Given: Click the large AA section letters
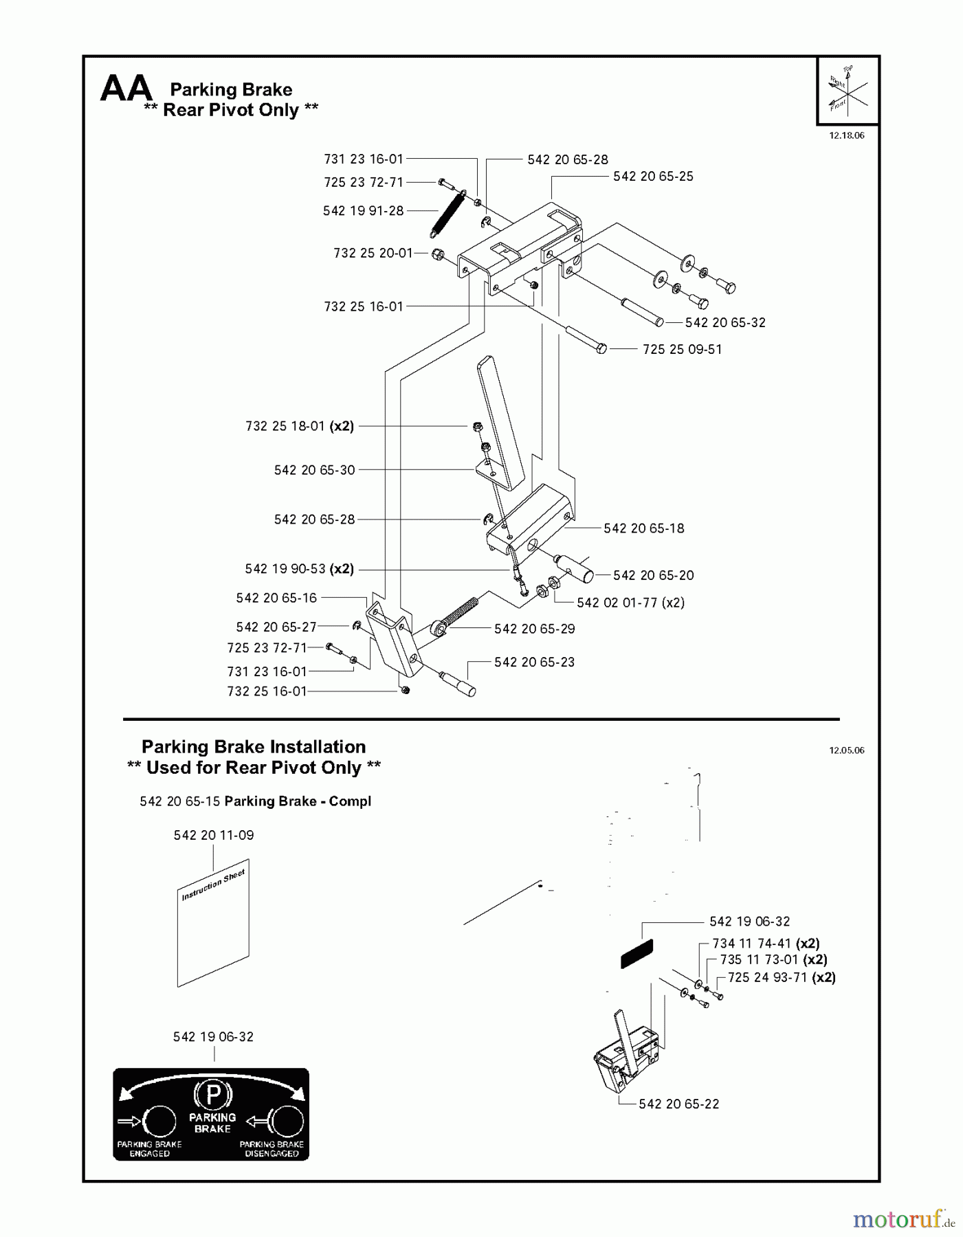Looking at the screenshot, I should click(126, 89).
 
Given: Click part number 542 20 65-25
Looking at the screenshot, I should click(653, 177).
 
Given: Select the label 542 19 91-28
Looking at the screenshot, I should click(363, 211).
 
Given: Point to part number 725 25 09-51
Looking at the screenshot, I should click(682, 349).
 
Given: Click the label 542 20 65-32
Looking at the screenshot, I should click(724, 322).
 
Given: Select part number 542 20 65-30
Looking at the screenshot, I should click(314, 470).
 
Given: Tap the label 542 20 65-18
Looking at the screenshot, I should click(643, 528).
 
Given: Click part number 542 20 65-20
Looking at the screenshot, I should click(653, 575).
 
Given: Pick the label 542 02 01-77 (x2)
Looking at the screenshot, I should click(630, 603).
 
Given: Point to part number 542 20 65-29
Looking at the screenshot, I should click(534, 629).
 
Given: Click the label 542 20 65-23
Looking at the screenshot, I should click(534, 662).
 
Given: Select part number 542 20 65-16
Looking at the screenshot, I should click(276, 598).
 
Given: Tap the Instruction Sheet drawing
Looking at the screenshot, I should click(213, 922).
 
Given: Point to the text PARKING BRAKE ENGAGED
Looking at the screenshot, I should click(149, 1148).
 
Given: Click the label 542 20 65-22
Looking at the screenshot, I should click(678, 1104).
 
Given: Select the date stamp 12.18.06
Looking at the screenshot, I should click(846, 135).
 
